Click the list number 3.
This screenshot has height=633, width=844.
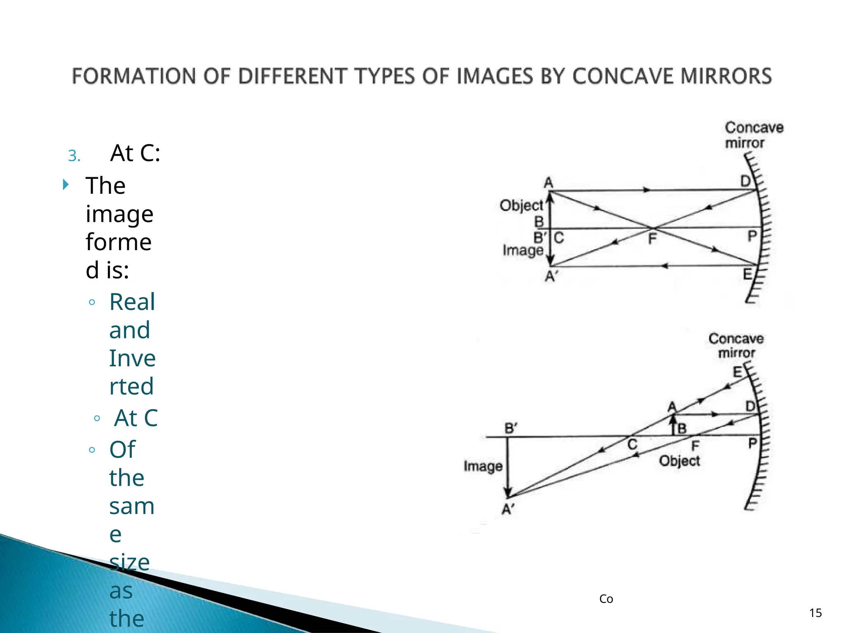pos(74,156)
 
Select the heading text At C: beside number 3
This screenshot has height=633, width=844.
pos(135,154)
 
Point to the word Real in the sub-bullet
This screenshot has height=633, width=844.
pos(132,302)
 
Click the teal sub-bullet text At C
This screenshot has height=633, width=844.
pos(136,418)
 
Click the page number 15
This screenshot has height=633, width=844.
pos(815,613)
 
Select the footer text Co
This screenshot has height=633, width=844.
pos(606,599)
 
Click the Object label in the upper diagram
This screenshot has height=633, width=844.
pos(521,205)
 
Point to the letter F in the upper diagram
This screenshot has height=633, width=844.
pos(652,239)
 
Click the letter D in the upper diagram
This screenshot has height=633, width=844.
pos(746,181)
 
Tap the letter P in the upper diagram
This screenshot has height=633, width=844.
pos(752,237)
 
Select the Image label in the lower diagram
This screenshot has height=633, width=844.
pos(483,467)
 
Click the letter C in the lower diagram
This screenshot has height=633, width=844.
pos(633,445)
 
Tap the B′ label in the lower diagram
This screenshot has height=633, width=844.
pos(511,429)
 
